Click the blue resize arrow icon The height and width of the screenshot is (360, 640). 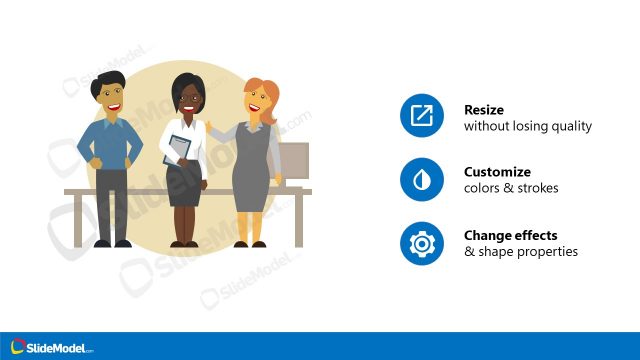(422, 117)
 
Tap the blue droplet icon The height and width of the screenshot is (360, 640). (422, 180)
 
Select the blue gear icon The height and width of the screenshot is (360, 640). (422, 243)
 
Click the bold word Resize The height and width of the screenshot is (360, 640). (484, 110)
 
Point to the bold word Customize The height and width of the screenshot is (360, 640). (497, 172)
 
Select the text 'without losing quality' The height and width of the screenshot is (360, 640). (528, 127)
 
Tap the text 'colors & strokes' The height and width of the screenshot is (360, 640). (511, 189)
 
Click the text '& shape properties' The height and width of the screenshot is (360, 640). (521, 252)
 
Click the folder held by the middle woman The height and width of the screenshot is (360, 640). (178, 149)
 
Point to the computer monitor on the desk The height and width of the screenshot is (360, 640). (293, 160)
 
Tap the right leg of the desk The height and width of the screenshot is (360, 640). (298, 220)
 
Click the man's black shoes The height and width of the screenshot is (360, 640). (111, 242)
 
